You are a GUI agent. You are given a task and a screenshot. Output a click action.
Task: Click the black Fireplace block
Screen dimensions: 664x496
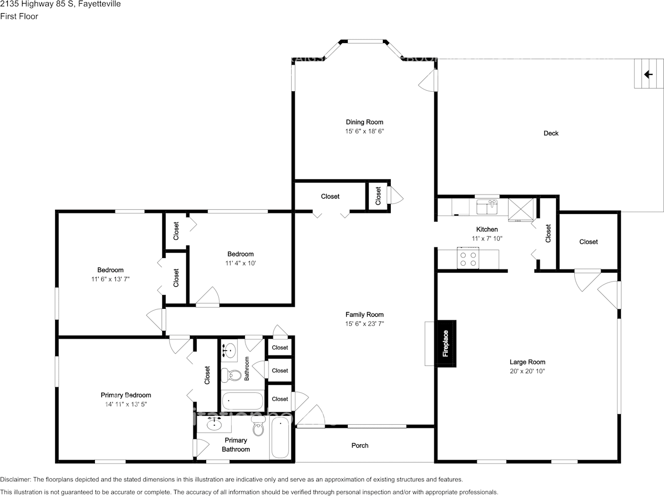(x=446, y=343)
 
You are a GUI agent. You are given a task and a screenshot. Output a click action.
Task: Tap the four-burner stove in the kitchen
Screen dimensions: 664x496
(x=468, y=257)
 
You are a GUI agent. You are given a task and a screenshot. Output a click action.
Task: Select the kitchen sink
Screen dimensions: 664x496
(x=487, y=207)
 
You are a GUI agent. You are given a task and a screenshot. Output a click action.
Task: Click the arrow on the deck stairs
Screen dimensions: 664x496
(x=648, y=74)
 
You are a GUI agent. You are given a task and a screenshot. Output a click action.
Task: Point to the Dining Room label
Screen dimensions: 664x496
(x=365, y=122)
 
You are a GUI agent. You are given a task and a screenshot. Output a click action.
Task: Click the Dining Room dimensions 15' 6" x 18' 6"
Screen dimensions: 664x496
(x=365, y=131)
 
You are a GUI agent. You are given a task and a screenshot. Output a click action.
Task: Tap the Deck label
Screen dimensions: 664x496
(x=551, y=133)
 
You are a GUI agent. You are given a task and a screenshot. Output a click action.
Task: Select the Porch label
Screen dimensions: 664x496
(x=360, y=446)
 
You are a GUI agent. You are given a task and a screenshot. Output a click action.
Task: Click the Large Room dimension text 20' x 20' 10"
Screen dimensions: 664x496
(x=527, y=371)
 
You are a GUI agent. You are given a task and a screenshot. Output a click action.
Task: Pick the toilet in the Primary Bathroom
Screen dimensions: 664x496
(x=259, y=426)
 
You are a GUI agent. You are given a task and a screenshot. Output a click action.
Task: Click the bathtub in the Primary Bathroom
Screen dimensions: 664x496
(x=280, y=438)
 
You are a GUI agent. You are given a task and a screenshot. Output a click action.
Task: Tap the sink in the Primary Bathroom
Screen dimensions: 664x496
(x=214, y=424)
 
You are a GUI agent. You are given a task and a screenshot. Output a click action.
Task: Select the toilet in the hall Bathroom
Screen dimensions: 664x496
(x=231, y=375)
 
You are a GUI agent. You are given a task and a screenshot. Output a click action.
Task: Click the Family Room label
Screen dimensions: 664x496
(x=365, y=315)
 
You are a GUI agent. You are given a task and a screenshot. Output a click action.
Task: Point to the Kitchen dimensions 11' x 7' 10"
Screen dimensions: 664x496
(x=487, y=239)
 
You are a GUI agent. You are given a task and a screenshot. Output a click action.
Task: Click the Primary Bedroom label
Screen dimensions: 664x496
(x=126, y=395)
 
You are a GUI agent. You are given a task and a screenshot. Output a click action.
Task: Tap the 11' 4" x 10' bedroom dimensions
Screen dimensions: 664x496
(x=241, y=263)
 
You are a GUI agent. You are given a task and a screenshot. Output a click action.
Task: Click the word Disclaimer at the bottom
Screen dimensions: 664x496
(x=15, y=479)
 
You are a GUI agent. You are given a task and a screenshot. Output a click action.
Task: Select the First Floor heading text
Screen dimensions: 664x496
(x=19, y=16)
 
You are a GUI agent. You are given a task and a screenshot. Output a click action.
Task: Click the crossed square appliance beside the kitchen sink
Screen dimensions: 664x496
(x=521, y=209)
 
